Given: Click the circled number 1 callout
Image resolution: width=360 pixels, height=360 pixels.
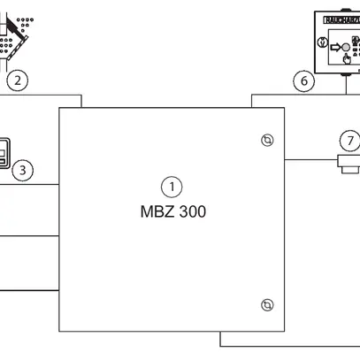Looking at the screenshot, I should pyautogui.click(x=172, y=186).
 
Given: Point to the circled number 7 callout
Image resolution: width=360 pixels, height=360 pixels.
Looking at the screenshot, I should pyautogui.click(x=351, y=141).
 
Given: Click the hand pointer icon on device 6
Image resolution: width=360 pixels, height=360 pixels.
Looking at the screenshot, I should pyautogui.click(x=346, y=60).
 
